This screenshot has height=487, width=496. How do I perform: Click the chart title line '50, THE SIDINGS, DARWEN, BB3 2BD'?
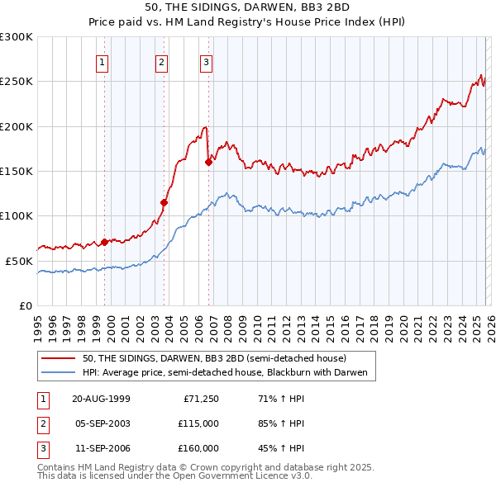click(247, 7)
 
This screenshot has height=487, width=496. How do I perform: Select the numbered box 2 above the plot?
click(160, 61)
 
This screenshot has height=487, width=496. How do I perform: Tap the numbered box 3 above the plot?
click(206, 61)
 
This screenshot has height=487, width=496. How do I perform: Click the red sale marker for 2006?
click(208, 163)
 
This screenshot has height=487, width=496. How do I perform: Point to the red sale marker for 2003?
click(165, 202)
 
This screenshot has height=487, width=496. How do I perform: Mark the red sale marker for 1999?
click(105, 242)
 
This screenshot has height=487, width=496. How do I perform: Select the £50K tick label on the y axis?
click(20, 261)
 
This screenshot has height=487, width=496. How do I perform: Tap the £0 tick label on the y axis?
click(25, 305)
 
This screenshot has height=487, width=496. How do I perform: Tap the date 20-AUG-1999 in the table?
click(101, 399)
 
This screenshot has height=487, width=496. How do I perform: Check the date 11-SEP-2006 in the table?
click(101, 448)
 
